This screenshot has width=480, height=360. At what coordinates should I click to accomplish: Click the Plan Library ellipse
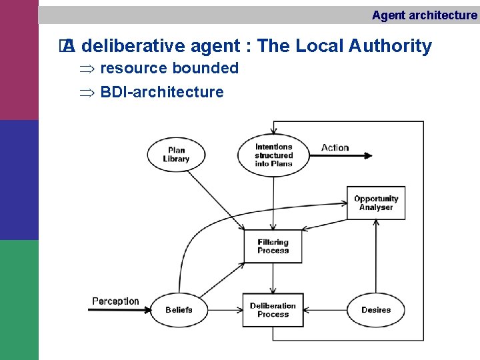click(176, 155)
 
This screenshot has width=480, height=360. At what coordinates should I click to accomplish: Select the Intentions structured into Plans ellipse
click(273, 155)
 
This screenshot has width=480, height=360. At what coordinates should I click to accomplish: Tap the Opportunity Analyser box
click(376, 203)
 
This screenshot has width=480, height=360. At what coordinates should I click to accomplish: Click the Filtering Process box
click(273, 246)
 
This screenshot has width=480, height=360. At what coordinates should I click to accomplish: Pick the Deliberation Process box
click(273, 310)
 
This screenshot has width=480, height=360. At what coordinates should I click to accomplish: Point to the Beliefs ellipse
click(179, 310)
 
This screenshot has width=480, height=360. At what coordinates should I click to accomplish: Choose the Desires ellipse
click(376, 310)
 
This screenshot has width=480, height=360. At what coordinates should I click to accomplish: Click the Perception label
click(115, 301)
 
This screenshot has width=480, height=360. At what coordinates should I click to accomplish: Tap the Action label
click(335, 147)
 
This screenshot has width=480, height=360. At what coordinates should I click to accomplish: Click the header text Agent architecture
click(424, 15)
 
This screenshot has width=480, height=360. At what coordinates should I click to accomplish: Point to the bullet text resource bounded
click(169, 68)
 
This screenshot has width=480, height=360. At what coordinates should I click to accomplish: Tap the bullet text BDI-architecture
click(162, 92)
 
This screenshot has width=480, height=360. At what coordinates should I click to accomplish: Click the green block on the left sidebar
click(19, 300)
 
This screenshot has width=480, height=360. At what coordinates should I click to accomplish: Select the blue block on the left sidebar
click(19, 180)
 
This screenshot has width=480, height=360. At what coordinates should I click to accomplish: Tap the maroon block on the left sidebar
click(19, 60)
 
